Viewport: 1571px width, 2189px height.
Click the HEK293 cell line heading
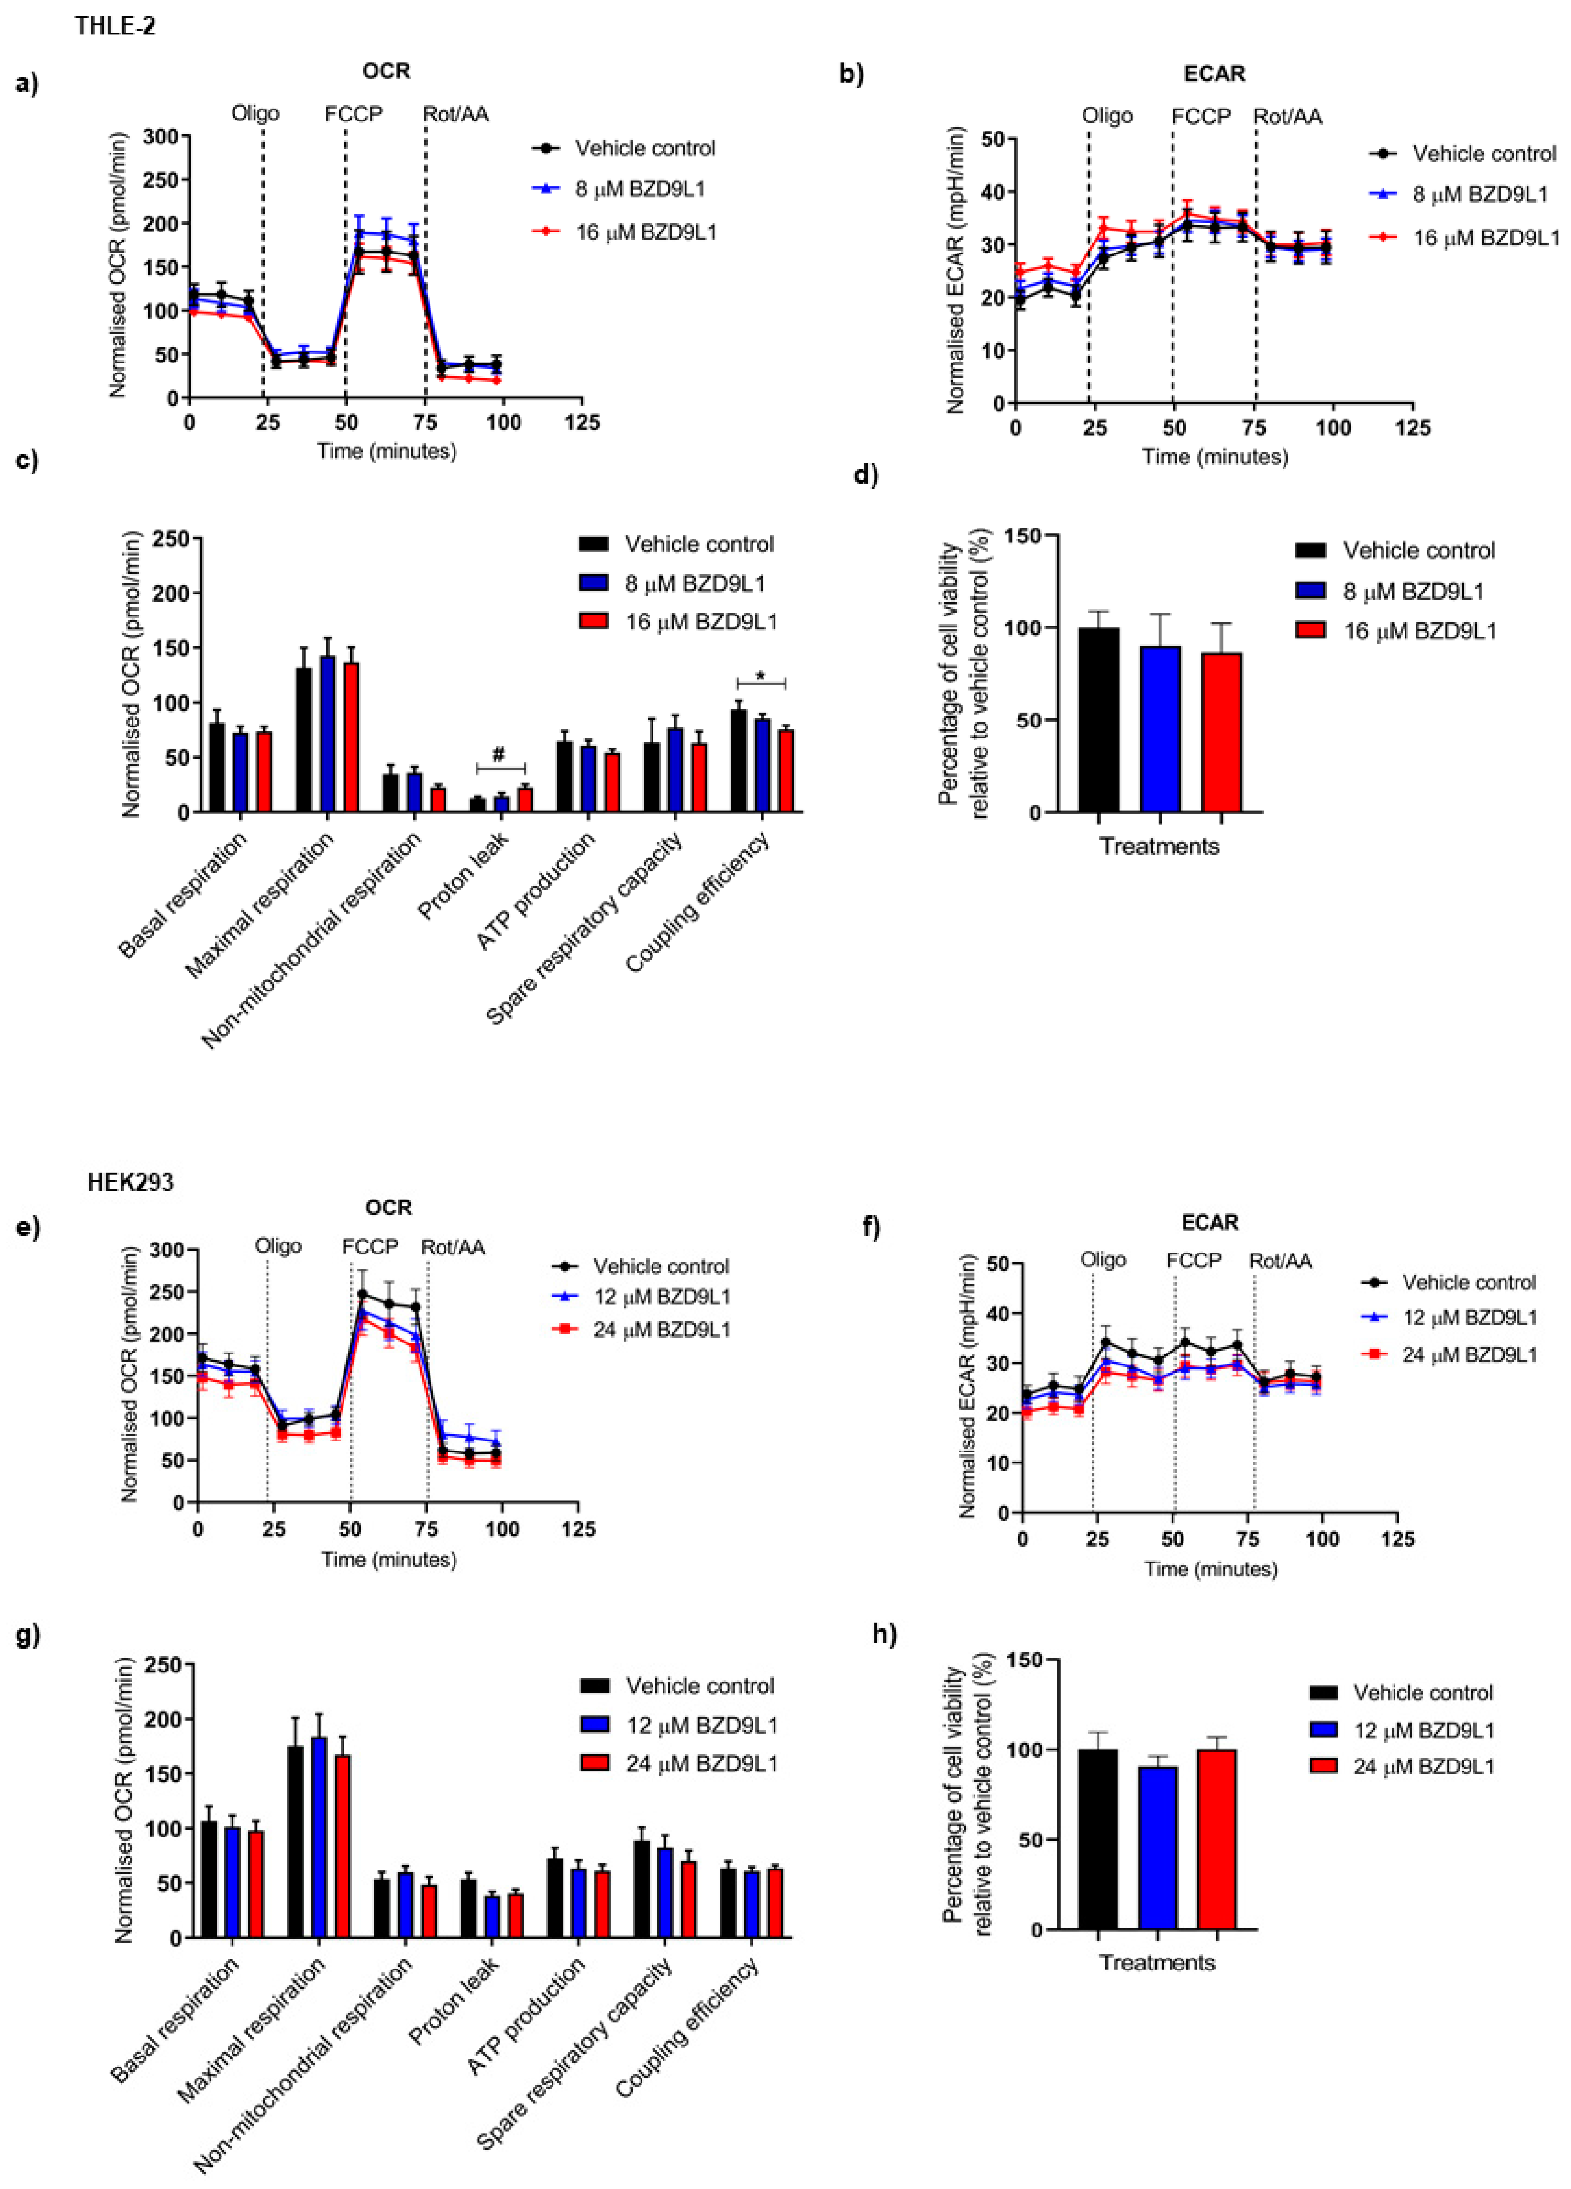coord(130,1182)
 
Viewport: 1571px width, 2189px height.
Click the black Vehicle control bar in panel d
coord(1099,719)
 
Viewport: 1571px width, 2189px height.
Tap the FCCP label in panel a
coord(354,114)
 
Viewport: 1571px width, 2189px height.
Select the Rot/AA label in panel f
coord(1280,1261)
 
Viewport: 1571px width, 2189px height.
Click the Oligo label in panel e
coord(278,1246)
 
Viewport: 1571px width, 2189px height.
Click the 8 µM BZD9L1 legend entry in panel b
coord(1479,194)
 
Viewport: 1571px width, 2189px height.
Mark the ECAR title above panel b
coord(1214,73)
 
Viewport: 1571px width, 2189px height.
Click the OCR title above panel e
coord(388,1208)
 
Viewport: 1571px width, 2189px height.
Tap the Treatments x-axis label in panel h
coord(1157,1962)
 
